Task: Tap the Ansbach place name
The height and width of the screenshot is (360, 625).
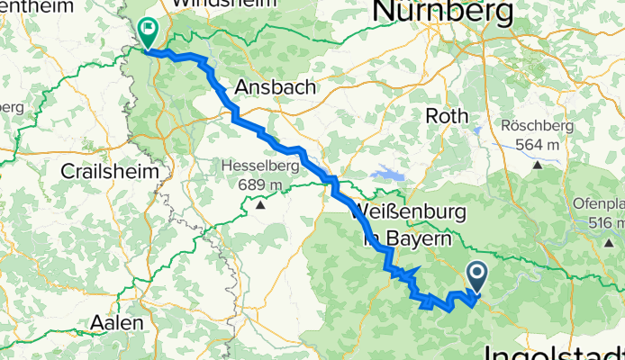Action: click(x=275, y=87)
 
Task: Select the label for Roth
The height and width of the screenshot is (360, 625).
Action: click(x=446, y=116)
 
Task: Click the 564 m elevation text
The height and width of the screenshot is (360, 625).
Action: click(x=538, y=145)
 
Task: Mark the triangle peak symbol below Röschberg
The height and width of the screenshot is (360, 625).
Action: click(x=538, y=164)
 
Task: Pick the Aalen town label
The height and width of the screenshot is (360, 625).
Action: click(x=115, y=322)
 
